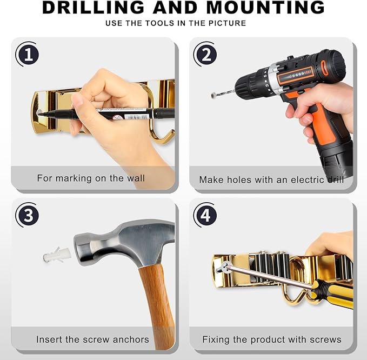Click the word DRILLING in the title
tap(93, 7)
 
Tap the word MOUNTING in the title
tap(265, 7)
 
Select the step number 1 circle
tap(28, 54)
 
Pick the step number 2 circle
tap(206, 54)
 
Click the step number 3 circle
tap(28, 215)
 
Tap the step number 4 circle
tap(206, 215)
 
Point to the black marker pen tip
tap(39, 114)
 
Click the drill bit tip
tap(213, 95)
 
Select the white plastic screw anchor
tap(57, 255)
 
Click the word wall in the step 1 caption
tap(136, 178)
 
